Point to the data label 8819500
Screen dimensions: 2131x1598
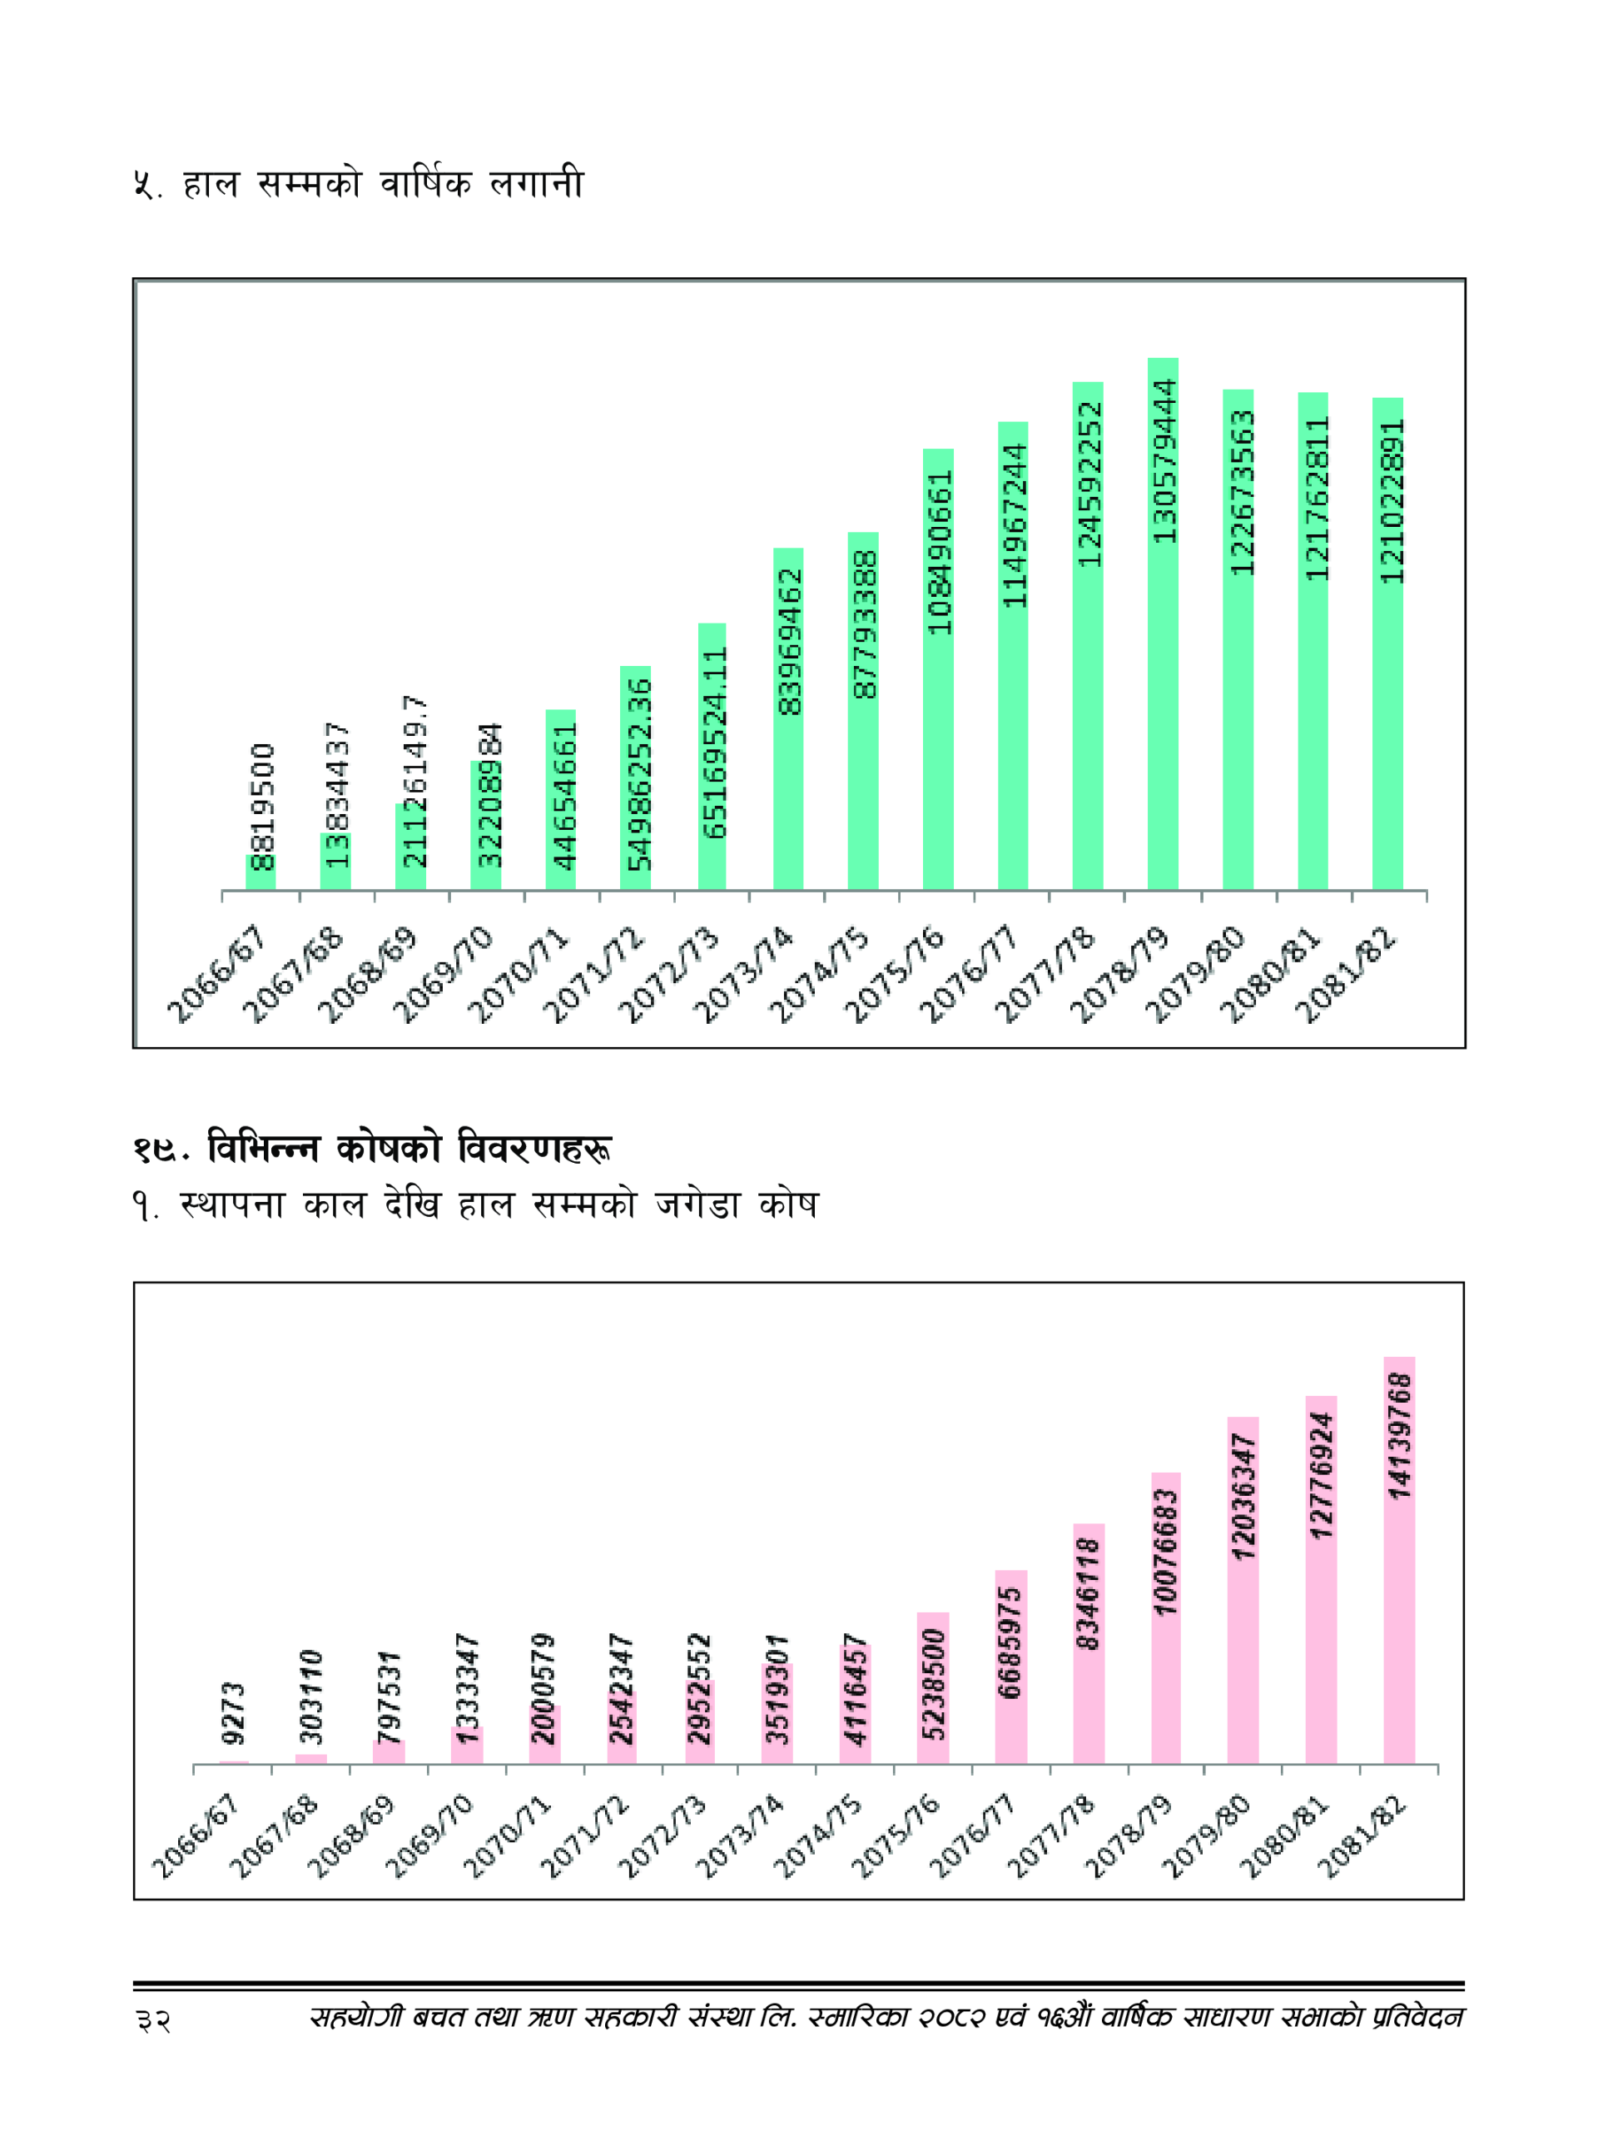262,807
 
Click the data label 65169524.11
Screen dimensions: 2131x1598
714,743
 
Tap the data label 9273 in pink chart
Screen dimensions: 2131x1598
234,1713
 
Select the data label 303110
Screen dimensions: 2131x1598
311,1696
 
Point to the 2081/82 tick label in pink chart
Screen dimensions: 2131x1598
1361,1837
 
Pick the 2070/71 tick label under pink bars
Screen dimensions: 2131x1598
507,1837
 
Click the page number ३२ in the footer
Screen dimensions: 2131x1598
153,2020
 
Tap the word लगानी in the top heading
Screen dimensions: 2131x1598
537,183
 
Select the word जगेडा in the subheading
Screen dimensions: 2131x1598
697,1205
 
